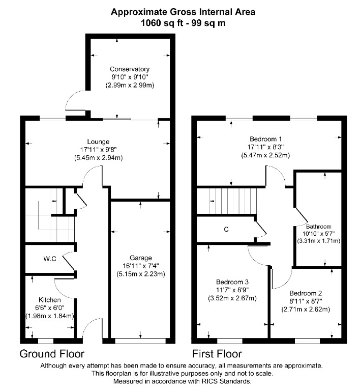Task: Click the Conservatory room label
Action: pyautogui.click(x=129, y=69)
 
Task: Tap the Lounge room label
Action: pyautogui.click(x=98, y=141)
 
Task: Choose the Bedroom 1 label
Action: pyautogui.click(x=266, y=138)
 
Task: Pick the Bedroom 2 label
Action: pyautogui.click(x=306, y=293)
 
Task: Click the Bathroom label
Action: pyautogui.click(x=318, y=227)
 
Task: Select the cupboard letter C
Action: pyautogui.click(x=226, y=230)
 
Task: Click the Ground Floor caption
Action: pyautogui.click(x=51, y=353)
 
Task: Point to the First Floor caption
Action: pyautogui.click(x=217, y=353)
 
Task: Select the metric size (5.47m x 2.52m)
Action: pyautogui.click(x=266, y=155)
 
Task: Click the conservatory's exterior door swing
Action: pyautogui.click(x=75, y=100)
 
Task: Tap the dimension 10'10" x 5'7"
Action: pyautogui.click(x=318, y=234)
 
